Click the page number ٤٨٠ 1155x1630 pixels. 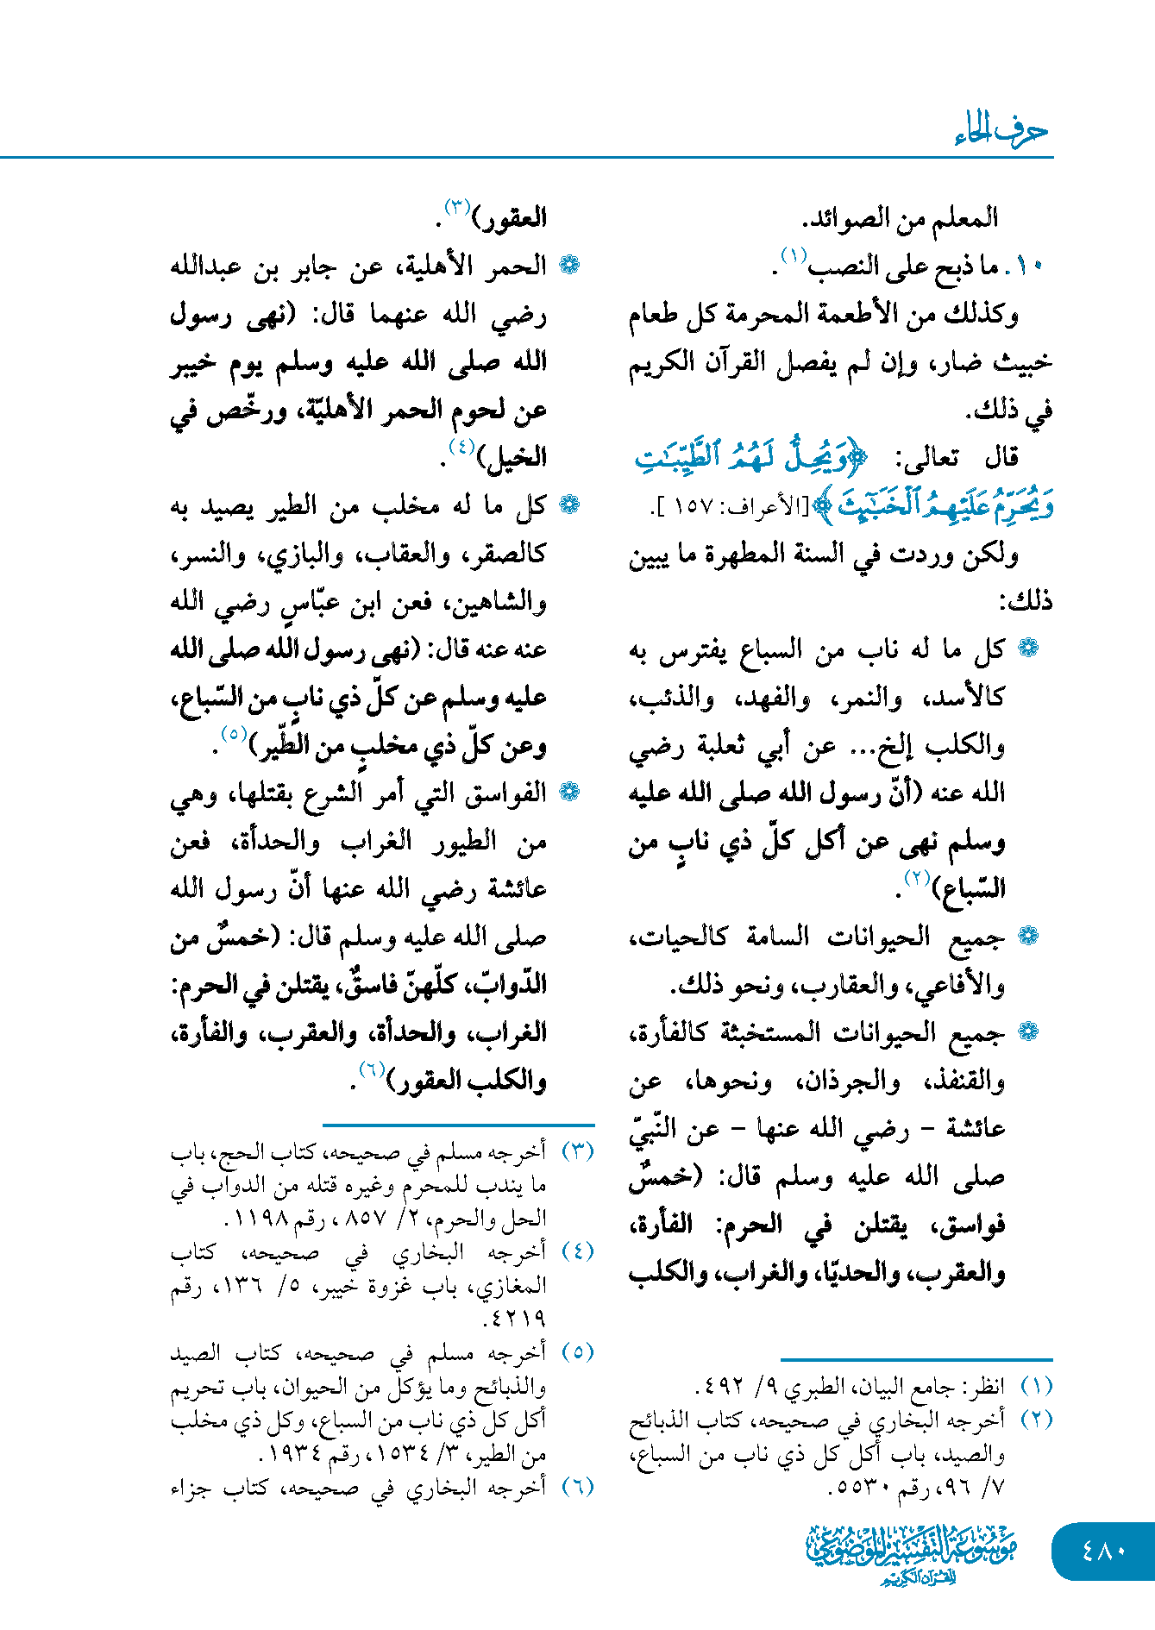point(1103,1550)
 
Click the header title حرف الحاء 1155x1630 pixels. point(1001,131)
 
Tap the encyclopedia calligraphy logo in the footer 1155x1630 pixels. point(912,1552)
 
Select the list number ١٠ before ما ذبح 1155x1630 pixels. point(1029,266)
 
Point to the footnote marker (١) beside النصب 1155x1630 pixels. point(793,255)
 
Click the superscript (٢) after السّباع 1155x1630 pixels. point(915,878)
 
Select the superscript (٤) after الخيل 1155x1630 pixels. point(462,447)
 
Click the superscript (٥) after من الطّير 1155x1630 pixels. point(234,734)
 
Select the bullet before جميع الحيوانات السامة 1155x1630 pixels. point(1028,936)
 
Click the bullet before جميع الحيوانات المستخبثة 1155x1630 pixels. point(1028,1031)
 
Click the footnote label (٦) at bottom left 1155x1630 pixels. point(577,1487)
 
